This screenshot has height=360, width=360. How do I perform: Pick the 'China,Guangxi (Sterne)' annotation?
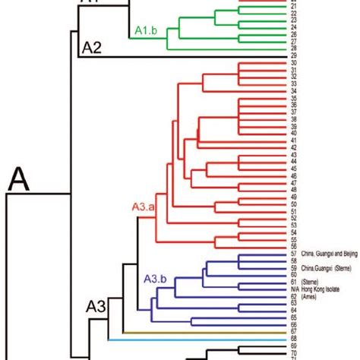[308, 268]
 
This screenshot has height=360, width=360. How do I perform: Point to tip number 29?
[272, 56]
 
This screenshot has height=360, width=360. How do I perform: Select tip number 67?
[272, 331]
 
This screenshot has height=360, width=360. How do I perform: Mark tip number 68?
[272, 339]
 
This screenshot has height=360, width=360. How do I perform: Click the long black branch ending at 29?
[167, 56]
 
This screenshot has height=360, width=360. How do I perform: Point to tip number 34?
[272, 91]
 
